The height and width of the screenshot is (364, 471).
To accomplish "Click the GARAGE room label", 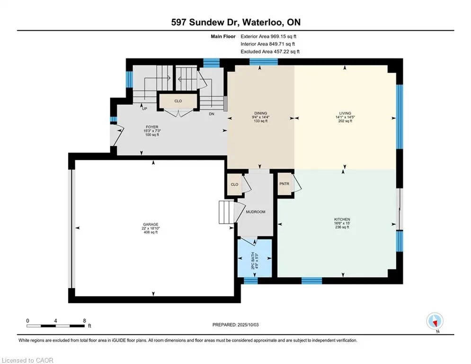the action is (x=151, y=224).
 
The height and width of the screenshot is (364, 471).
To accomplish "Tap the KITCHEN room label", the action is (x=342, y=219).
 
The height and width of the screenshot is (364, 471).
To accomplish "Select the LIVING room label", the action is (x=345, y=113).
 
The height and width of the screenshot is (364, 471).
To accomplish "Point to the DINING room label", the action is (x=260, y=113).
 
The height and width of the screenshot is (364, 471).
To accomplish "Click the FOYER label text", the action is (x=152, y=127).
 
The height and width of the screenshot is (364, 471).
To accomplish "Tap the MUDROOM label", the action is (x=256, y=212).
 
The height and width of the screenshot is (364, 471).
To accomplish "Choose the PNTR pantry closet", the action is (x=284, y=183).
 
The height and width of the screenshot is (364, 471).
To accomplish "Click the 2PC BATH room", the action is (x=255, y=258).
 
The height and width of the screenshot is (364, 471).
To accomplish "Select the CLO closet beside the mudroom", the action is (x=234, y=184).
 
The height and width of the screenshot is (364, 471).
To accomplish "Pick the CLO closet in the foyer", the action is (x=178, y=101).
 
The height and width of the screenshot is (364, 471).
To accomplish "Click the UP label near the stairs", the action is (x=144, y=109).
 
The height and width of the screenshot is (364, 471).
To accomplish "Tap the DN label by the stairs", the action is (x=212, y=114).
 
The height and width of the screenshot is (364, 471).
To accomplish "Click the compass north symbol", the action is (x=435, y=321).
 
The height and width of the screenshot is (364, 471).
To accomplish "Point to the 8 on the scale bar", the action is (x=84, y=321).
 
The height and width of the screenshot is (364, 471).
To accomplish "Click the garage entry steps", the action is (x=226, y=212).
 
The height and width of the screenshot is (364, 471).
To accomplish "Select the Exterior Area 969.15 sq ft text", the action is (x=268, y=36).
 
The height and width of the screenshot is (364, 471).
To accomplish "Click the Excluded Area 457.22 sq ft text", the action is (x=270, y=52).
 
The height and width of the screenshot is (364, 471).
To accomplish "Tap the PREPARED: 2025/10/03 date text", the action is (x=236, y=325).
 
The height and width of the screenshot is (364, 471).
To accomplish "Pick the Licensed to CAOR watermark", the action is (x=27, y=360).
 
